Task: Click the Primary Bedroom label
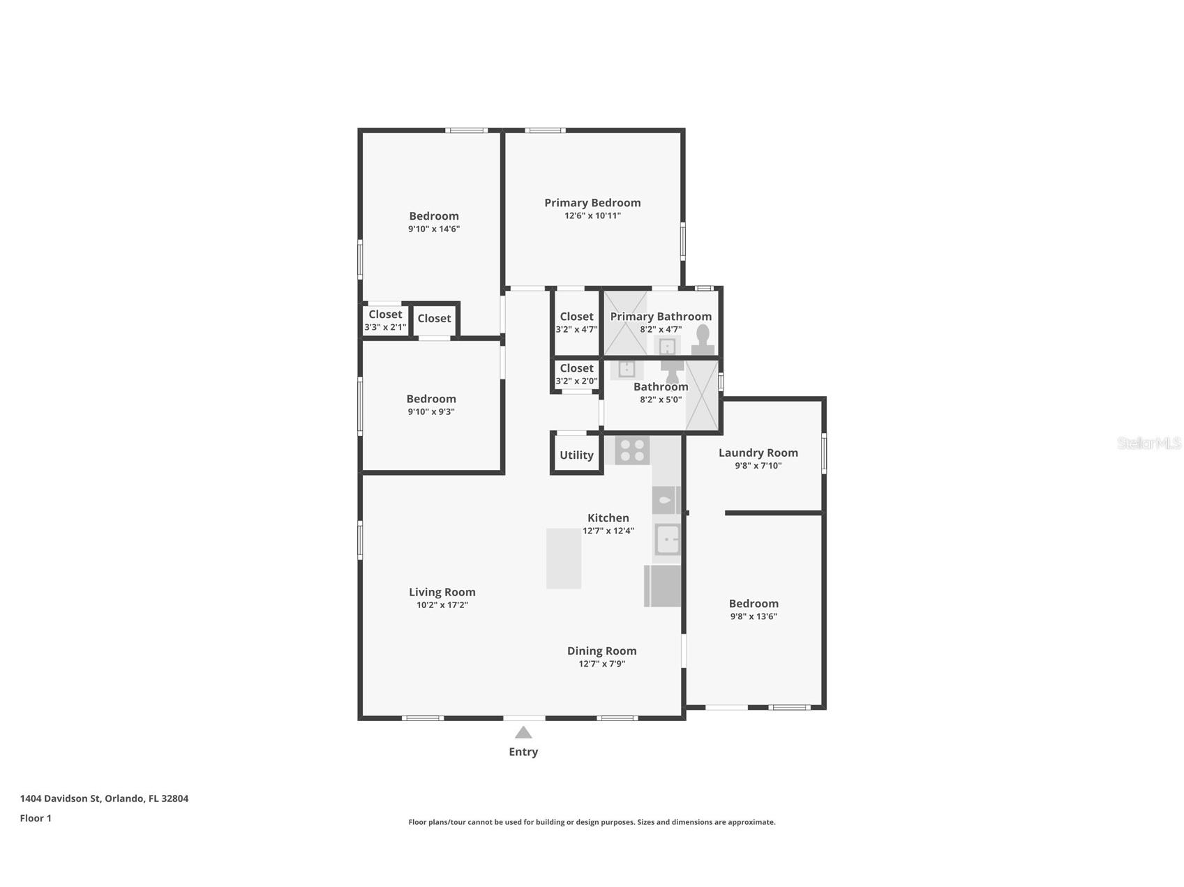pos(592,203)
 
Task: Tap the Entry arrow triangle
pos(523,732)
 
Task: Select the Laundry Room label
pos(758,453)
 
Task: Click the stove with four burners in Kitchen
pos(632,450)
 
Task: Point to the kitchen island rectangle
pos(564,558)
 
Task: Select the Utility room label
pos(576,455)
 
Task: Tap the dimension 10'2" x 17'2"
pos(442,605)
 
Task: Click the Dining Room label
pos(601,651)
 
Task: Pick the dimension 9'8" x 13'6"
pos(754,616)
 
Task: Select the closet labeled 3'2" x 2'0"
pos(576,374)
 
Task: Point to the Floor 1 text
pos(36,818)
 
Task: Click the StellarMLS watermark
pos(1148,443)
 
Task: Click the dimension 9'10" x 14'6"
pos(434,229)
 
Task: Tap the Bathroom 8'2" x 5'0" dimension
pos(661,400)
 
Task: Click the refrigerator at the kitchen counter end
pos(662,586)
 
